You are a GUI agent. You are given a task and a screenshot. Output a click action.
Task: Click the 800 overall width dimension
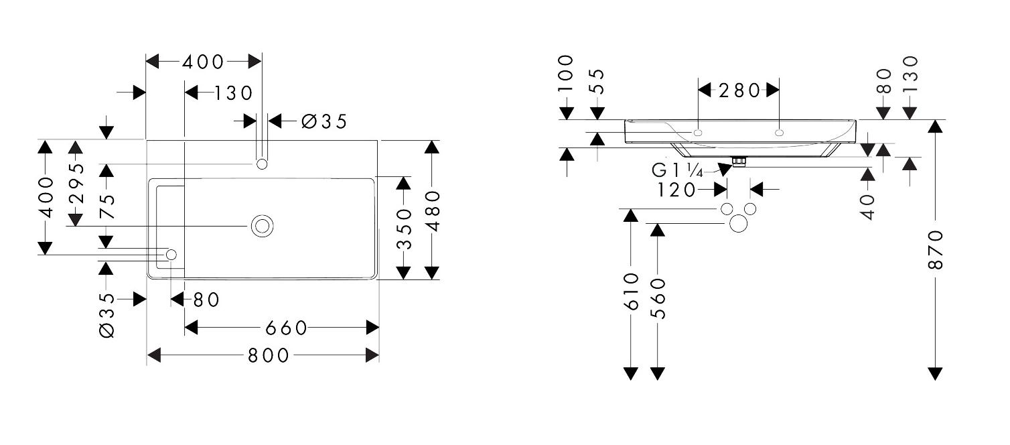[268, 356]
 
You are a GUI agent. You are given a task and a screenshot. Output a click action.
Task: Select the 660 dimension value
[286, 328]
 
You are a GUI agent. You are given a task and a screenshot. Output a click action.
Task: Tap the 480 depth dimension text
[433, 210]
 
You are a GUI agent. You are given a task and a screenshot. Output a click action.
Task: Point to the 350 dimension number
[405, 229]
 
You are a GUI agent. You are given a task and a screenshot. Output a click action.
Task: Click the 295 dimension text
[76, 183]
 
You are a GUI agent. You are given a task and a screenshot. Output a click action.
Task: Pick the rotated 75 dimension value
[107, 206]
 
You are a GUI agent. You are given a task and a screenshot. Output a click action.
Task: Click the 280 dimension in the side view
[739, 90]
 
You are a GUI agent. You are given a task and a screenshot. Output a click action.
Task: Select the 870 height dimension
[935, 250]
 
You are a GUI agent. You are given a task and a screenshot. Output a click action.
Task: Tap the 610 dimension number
[631, 292]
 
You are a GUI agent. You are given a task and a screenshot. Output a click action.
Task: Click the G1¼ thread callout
[677, 171]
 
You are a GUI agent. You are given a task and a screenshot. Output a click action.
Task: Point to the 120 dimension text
[676, 190]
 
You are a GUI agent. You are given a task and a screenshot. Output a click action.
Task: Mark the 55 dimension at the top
[597, 81]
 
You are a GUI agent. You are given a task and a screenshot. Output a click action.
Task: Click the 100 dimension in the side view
[566, 73]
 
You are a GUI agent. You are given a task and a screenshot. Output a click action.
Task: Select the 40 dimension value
[867, 206]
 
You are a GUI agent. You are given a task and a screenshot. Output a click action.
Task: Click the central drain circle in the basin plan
[262, 226]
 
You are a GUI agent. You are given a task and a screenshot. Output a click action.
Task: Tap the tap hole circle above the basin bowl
[262, 164]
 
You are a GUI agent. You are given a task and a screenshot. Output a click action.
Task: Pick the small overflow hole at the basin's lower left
[171, 255]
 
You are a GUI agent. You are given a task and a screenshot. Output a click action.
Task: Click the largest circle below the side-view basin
[739, 223]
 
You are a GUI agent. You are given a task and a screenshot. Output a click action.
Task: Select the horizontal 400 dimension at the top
[203, 62]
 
